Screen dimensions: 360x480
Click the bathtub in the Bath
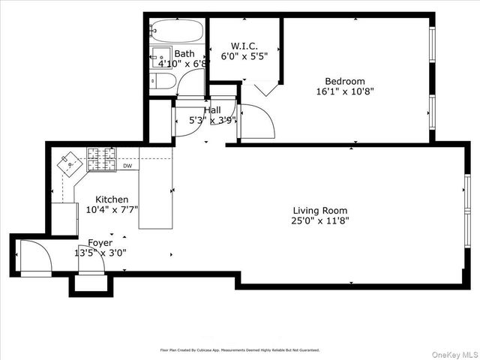[175, 31]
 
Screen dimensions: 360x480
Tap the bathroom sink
[161, 57]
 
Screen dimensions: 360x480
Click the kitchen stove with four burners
[101, 157]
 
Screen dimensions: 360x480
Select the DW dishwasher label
[127, 166]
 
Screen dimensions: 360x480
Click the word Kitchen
[112, 199]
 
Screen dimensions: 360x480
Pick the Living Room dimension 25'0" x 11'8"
[320, 221]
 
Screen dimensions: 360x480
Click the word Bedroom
[344, 81]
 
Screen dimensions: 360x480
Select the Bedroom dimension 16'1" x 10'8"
[344, 91]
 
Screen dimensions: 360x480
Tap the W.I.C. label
[244, 44]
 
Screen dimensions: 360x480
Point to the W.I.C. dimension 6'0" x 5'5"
[244, 55]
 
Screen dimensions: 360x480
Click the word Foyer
[100, 242]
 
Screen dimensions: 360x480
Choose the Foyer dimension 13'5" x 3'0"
[100, 253]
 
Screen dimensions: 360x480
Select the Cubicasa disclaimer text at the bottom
[239, 349]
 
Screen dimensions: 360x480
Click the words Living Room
[320, 211]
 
